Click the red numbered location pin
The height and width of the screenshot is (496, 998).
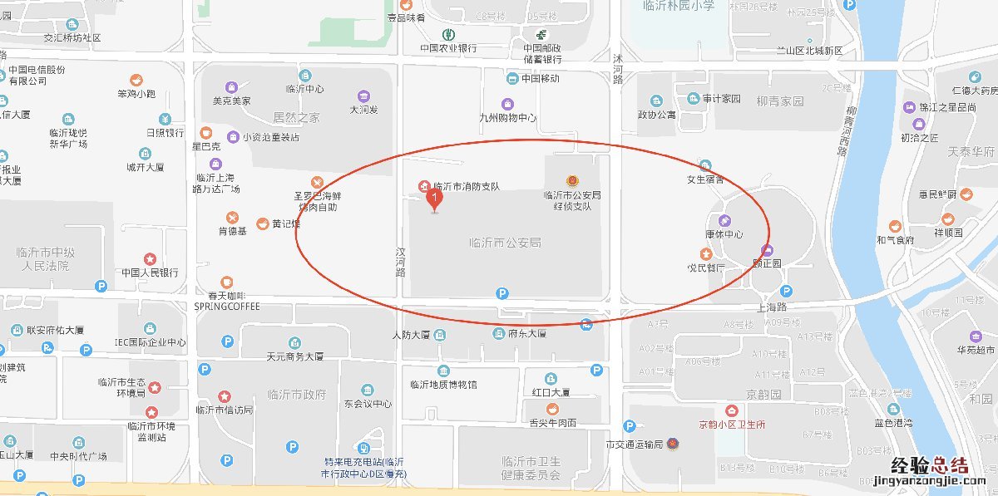433,199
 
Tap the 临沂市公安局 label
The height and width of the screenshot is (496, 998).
506,243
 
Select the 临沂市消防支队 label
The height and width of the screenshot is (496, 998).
467,186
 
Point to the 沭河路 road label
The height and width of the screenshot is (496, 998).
617,69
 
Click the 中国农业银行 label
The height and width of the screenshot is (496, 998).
448,48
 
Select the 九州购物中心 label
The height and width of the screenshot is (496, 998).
508,118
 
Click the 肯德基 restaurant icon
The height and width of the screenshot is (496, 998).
233,217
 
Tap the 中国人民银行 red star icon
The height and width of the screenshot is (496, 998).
150,258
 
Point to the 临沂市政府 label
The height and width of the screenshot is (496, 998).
297,394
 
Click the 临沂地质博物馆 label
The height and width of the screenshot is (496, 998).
443,385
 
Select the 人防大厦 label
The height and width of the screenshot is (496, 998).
410,335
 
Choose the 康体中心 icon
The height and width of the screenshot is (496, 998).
724,221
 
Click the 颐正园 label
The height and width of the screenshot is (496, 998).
767,263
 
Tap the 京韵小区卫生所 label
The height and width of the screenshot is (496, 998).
732,424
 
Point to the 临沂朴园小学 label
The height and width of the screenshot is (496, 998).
679,6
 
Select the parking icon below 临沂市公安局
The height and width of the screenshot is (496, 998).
501,292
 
